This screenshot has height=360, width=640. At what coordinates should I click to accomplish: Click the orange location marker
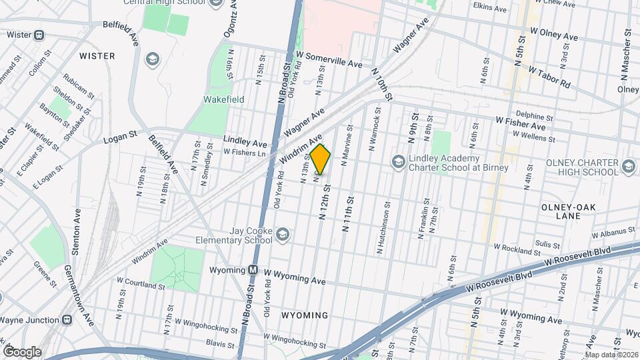click(x=321, y=159)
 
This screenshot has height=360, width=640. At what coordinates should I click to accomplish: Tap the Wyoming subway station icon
click(x=253, y=271)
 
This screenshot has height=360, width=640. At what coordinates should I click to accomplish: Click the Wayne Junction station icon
click(x=67, y=319)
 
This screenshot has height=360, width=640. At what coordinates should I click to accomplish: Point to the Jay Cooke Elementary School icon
click(x=283, y=234)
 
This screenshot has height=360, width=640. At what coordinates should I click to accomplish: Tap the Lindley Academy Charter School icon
click(x=397, y=161)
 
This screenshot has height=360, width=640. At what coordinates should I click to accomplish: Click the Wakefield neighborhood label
click(x=223, y=99)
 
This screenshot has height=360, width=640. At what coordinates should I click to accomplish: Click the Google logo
click(x=21, y=352)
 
